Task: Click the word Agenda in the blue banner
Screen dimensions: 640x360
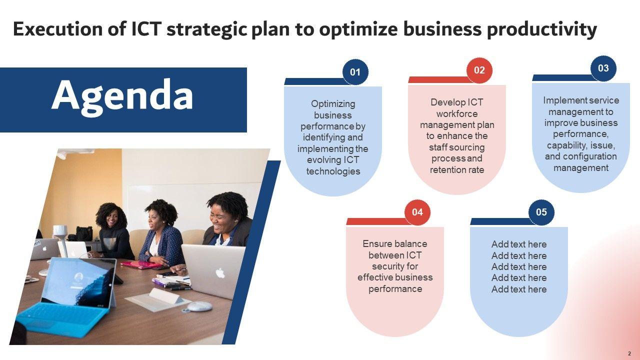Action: click(122, 97)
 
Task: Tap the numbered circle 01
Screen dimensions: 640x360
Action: click(355, 72)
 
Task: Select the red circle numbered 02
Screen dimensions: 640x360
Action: click(479, 70)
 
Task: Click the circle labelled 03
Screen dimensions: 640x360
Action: click(603, 68)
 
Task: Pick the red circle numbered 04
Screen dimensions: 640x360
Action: click(417, 212)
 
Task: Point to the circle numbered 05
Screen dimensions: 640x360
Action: click(541, 212)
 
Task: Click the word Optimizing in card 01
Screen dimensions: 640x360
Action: click(333, 104)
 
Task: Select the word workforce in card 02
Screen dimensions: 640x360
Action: click(457, 114)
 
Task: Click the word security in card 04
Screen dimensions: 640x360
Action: click(395, 266)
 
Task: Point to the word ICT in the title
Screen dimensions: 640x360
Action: click(146, 29)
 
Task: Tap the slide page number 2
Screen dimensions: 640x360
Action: click(629, 353)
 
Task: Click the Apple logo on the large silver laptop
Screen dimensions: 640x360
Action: click(219, 273)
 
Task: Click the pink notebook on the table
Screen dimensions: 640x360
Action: click(141, 265)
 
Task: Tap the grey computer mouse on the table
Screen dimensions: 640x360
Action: click(199, 306)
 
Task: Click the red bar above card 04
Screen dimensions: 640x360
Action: click(377, 221)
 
